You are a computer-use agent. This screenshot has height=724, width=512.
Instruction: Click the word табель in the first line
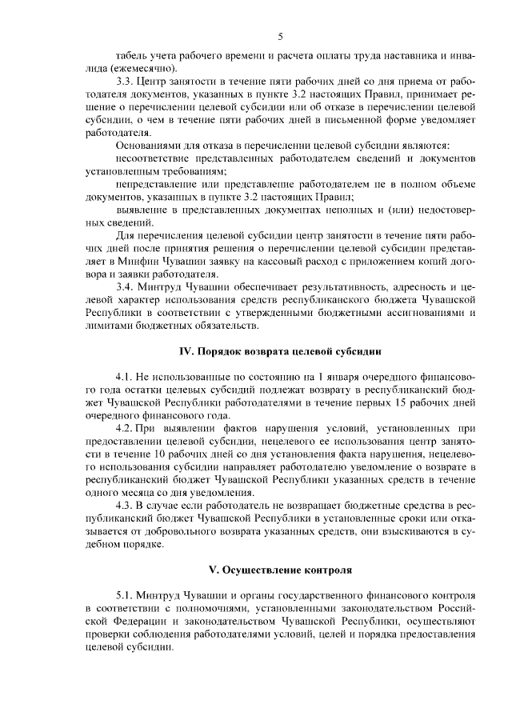click(132, 58)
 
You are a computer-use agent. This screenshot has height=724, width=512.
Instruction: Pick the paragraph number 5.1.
click(124, 596)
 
